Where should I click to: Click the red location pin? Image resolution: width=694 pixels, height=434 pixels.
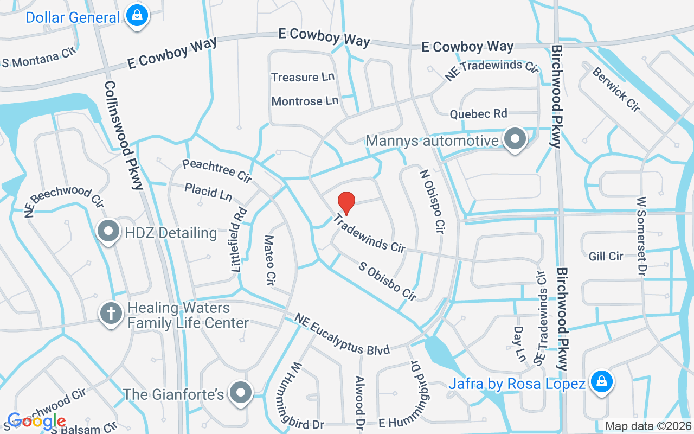pyautogui.click(x=346, y=203)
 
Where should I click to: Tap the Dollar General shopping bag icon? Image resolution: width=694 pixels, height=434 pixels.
pyautogui.click(x=137, y=16)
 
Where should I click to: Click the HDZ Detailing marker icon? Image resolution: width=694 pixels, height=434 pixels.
pyautogui.click(x=108, y=232)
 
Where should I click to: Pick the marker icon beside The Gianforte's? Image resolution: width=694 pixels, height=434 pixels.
pyautogui.click(x=240, y=393)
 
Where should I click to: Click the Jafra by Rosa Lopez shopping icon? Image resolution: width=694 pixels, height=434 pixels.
pyautogui.click(x=601, y=382)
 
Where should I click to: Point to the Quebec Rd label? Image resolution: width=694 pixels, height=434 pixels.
pyautogui.click(x=478, y=114)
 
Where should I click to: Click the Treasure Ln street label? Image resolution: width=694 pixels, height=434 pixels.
pyautogui.click(x=303, y=77)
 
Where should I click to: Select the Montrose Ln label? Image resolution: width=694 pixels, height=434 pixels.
pyautogui.click(x=305, y=101)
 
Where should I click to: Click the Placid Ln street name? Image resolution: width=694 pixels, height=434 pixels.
pyautogui.click(x=208, y=191)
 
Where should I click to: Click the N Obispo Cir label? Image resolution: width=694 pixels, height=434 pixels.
pyautogui.click(x=433, y=201)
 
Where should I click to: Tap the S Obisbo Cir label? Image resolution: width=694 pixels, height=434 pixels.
pyautogui.click(x=388, y=281)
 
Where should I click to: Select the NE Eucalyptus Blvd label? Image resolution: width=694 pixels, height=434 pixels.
pyautogui.click(x=342, y=334)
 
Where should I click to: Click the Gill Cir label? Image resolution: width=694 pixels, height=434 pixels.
pyautogui.click(x=606, y=256)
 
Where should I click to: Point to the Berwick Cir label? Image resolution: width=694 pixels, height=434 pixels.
pyautogui.click(x=616, y=90)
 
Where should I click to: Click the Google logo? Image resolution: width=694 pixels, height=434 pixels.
pyautogui.click(x=37, y=420)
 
